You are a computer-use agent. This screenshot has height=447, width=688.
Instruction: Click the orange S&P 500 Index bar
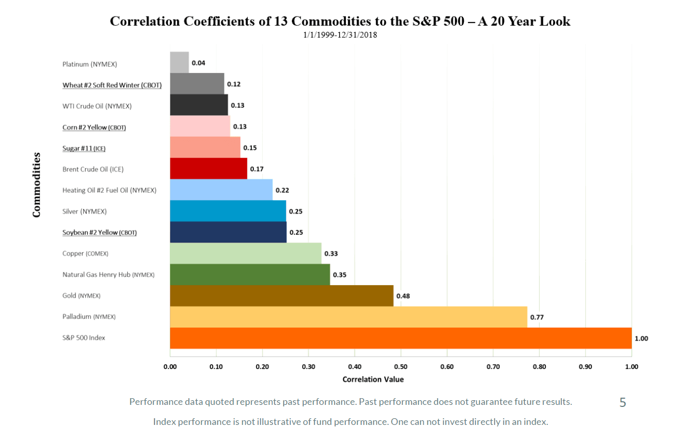click(x=400, y=338)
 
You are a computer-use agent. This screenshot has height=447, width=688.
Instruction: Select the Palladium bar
click(x=348, y=317)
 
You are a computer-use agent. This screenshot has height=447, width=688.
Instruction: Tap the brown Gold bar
click(x=281, y=295)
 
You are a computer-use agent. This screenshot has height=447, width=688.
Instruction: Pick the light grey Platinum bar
click(x=179, y=63)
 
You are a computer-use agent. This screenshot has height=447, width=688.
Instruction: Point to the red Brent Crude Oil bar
click(x=208, y=169)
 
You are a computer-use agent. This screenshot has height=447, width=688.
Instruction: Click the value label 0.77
click(x=537, y=317)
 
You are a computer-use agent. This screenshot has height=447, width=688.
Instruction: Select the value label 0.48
click(x=403, y=296)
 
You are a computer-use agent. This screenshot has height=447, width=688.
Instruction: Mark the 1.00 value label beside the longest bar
click(x=641, y=339)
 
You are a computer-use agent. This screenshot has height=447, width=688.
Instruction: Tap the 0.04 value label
click(x=198, y=63)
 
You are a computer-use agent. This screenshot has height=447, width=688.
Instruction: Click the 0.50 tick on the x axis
click(x=401, y=367)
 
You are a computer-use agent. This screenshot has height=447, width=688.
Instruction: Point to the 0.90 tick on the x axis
click(x=585, y=367)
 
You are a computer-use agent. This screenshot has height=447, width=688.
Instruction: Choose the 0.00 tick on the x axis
click(x=170, y=367)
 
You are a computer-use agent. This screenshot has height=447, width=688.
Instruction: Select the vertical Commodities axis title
click(x=36, y=184)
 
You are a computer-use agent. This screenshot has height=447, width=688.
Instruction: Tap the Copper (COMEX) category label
click(x=85, y=253)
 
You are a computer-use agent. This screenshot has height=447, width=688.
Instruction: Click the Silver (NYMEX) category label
click(x=85, y=211)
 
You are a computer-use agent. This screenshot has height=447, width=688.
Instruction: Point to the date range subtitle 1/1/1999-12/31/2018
click(x=340, y=35)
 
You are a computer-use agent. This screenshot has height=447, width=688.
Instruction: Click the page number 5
click(x=622, y=403)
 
